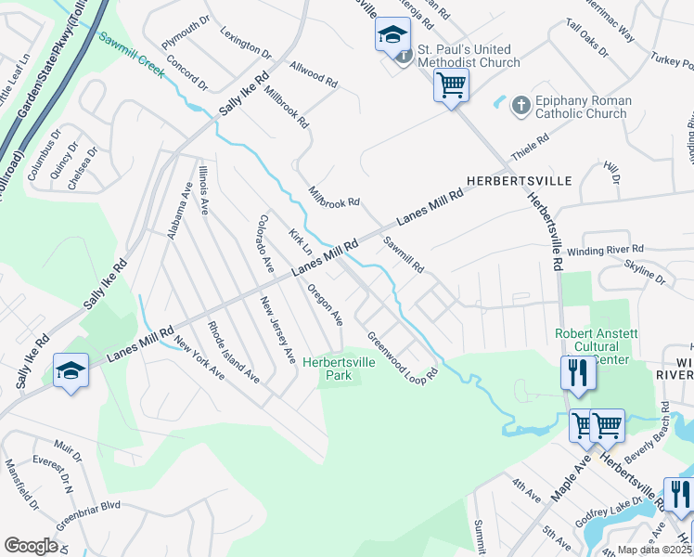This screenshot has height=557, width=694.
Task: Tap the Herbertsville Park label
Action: (340, 369)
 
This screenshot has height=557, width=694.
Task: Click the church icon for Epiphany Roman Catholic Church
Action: (521, 107)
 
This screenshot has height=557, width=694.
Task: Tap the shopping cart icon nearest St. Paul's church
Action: (451, 86)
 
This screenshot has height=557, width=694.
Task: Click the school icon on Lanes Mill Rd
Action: (71, 371)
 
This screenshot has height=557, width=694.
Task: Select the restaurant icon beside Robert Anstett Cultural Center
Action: (577, 373)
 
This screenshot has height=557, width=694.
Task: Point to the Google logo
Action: (31, 545)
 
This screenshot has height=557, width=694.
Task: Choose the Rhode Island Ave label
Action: (233, 352)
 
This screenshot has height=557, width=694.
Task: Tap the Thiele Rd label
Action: (531, 146)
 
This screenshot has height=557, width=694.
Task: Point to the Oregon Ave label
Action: (325, 304)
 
